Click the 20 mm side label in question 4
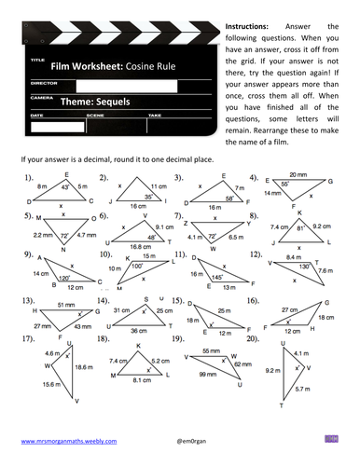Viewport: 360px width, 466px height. click(x=298, y=173)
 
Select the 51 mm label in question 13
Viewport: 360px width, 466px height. click(x=65, y=304)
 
